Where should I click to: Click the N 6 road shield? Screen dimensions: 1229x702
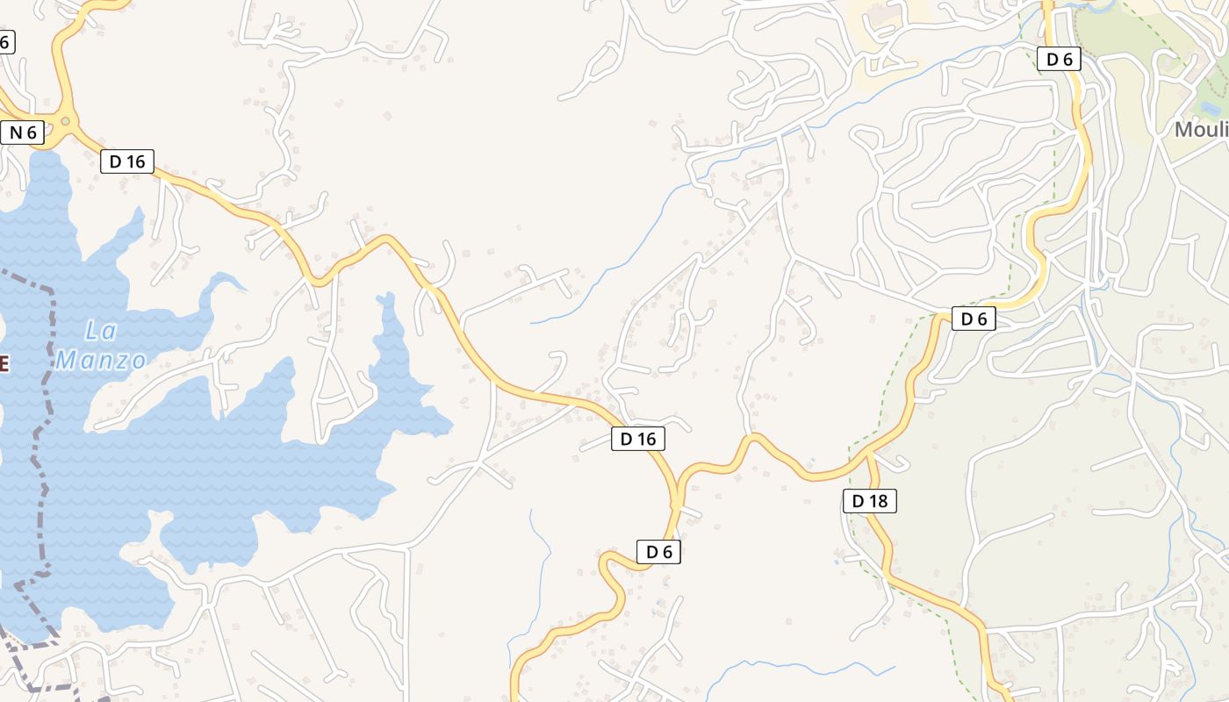coord(23,133)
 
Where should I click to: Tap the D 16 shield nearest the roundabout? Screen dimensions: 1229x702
coord(127,161)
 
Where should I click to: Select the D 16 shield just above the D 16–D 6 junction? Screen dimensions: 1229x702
coord(638,439)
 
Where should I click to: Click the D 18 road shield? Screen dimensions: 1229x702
coord(870,501)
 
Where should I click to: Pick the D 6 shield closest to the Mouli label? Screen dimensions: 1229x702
coord(1059,59)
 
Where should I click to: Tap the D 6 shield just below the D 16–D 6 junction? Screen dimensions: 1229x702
coord(658,552)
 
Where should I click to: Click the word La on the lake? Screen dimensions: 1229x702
coord(102,332)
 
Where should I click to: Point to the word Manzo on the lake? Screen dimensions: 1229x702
coord(101,360)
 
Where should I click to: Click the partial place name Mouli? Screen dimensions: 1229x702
coord(1201,130)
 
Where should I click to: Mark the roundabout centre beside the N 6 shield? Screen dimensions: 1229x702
coord(64,121)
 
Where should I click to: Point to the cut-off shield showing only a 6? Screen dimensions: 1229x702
coord(7,40)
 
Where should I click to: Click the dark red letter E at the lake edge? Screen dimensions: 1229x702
coord(4,362)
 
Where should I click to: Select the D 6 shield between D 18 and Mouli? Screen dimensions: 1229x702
coord(974,319)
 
